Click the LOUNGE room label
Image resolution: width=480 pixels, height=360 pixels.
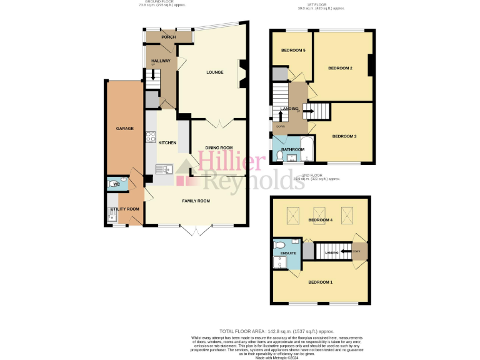click(x=215, y=72)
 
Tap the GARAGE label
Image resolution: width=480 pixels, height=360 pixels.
click(x=125, y=128)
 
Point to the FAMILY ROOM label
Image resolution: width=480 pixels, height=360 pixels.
click(x=196, y=201)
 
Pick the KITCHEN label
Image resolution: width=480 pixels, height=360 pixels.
click(x=167, y=143)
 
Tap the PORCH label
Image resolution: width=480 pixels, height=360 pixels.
click(x=168, y=37)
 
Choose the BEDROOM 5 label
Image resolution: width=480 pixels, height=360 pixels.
click(x=293, y=50)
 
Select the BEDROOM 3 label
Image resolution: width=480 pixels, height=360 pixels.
click(x=344, y=136)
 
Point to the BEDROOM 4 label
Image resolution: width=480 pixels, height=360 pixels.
click(x=320, y=220)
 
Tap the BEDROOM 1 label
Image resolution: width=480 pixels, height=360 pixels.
click(x=320, y=282)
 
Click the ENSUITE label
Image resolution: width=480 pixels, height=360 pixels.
click(x=288, y=253)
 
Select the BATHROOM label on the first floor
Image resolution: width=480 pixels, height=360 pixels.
click(x=292, y=150)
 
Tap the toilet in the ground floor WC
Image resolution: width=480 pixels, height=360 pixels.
click(x=123, y=184)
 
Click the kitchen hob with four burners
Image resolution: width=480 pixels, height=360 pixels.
click(x=151, y=137)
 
